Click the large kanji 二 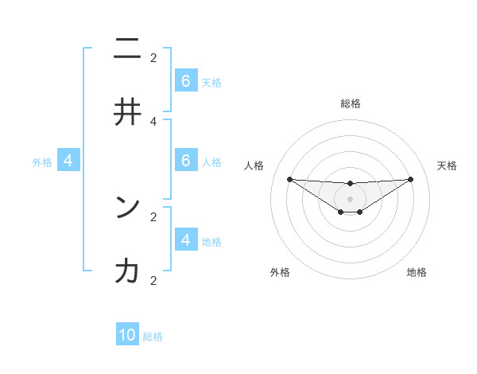(127, 49)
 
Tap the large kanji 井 (127, 113)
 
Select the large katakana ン (127, 208)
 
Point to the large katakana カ (127, 271)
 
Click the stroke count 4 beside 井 (153, 121)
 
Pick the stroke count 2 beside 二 (153, 57)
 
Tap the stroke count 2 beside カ (153, 280)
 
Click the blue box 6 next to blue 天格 (186, 81)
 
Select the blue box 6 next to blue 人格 (186, 161)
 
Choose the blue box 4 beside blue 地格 (186, 240)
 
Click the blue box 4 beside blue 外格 (68, 161)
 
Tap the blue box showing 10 (127, 335)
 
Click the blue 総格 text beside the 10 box (153, 337)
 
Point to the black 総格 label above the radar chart (350, 103)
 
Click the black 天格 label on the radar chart (447, 166)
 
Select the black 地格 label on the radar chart (417, 272)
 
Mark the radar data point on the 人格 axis (289, 179)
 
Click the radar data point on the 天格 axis (410, 179)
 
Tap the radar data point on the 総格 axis (350, 184)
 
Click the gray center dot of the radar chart (350, 199)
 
